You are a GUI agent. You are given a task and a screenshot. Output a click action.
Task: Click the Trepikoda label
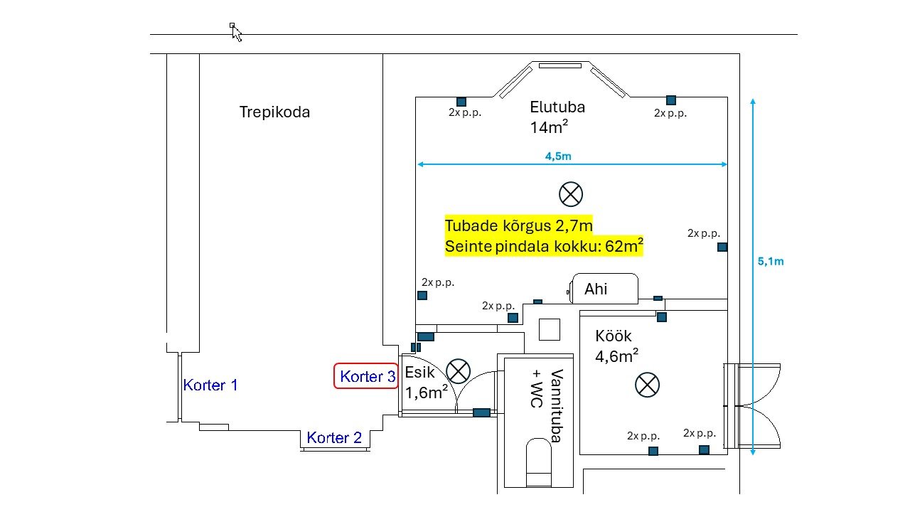click(x=274, y=112)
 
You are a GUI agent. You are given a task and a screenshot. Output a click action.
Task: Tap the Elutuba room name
click(x=557, y=107)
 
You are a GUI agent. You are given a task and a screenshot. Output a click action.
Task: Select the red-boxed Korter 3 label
click(x=367, y=376)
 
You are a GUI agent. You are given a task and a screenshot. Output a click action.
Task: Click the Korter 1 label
click(x=210, y=385)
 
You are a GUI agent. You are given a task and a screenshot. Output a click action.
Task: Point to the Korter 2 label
click(x=334, y=438)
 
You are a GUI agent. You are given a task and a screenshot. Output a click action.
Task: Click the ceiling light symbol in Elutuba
click(x=570, y=193)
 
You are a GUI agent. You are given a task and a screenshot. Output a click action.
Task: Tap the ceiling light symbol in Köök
click(x=647, y=385)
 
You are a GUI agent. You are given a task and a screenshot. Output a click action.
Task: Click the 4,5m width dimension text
click(x=559, y=156)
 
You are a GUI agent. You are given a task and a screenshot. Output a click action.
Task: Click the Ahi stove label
click(x=596, y=289)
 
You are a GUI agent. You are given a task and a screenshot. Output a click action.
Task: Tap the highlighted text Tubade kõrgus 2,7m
click(x=518, y=225)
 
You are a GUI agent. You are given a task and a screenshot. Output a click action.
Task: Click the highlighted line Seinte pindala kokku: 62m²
click(x=544, y=247)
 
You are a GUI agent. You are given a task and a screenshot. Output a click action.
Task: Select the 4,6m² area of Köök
click(x=616, y=356)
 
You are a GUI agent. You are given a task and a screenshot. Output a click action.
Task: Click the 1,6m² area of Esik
click(x=426, y=393)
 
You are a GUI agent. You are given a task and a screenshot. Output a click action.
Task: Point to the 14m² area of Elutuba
click(x=548, y=127)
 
